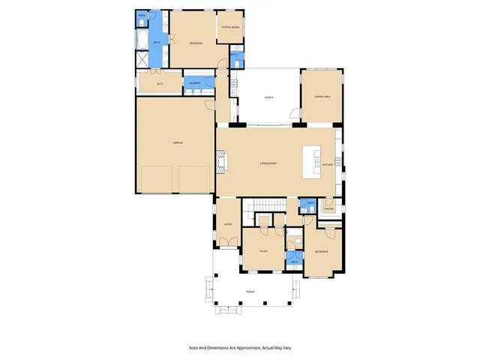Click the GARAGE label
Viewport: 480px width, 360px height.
[x=178, y=142]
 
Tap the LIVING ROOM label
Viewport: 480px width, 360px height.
[x=269, y=163]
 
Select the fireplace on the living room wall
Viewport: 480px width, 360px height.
[x=222, y=159]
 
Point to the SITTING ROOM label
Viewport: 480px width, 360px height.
[x=229, y=27]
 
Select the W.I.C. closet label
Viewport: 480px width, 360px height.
[x=160, y=84]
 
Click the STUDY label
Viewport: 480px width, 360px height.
[x=263, y=251]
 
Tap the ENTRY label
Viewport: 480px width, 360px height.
[x=228, y=223]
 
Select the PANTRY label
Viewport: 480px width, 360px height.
[x=328, y=209]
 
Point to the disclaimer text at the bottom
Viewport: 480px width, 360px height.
[x=239, y=348]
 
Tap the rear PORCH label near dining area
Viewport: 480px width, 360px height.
[x=268, y=97]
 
